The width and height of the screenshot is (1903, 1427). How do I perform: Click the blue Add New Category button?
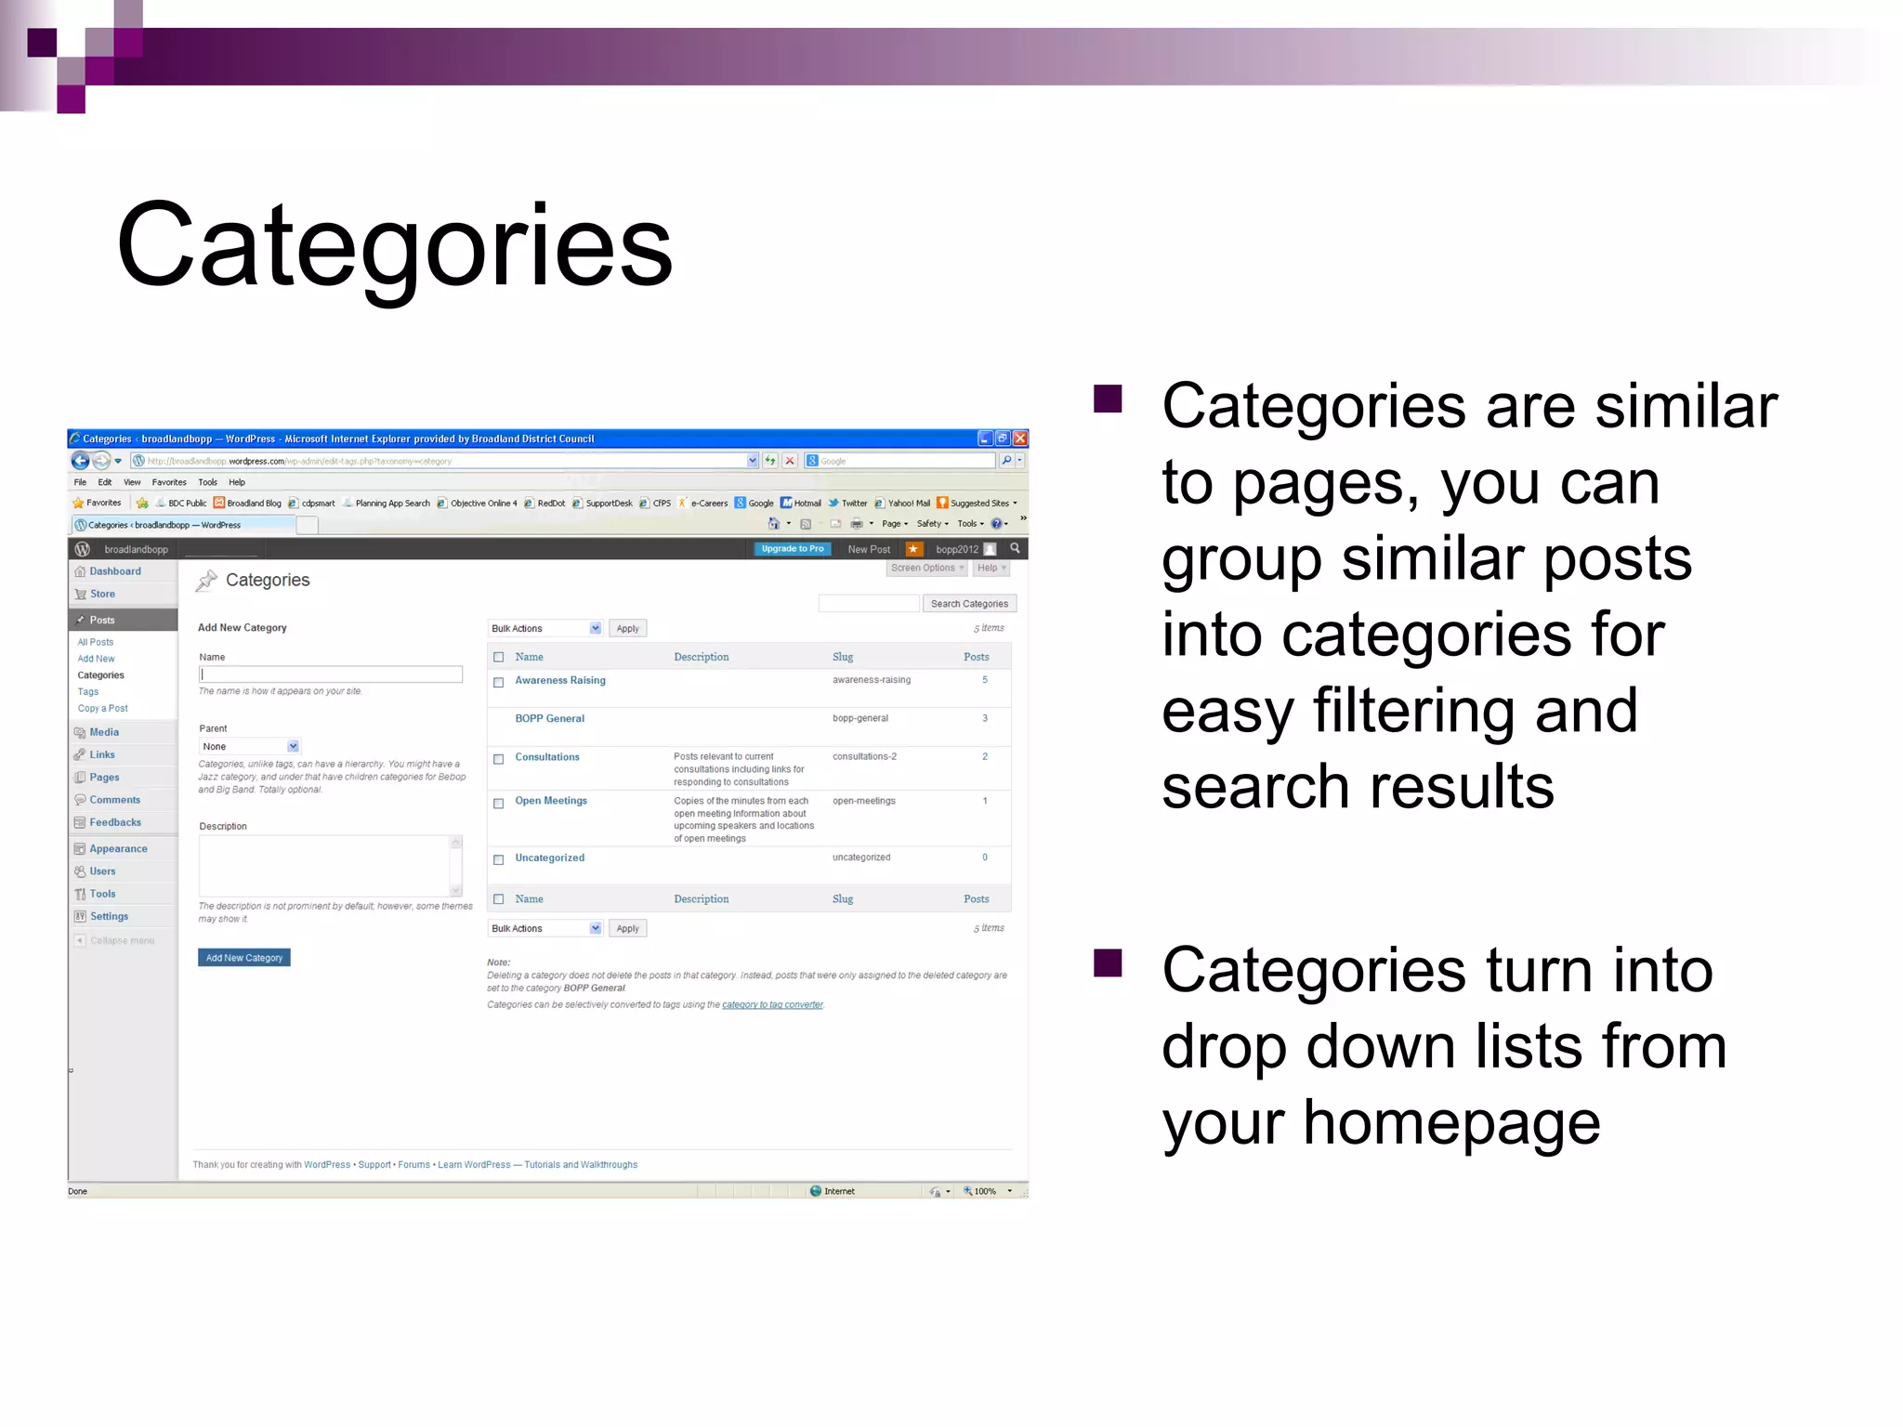pos(243,958)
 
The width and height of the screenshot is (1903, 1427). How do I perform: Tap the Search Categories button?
pos(969,604)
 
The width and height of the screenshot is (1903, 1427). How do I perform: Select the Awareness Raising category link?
pos(560,681)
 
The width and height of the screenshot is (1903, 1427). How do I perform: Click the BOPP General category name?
pos(550,719)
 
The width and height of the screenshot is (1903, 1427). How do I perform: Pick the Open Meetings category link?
pos(551,801)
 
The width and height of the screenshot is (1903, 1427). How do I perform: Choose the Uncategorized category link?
pos(550,858)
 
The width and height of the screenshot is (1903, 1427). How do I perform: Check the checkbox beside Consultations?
pos(499,759)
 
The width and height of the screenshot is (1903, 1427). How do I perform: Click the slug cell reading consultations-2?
pos(864,757)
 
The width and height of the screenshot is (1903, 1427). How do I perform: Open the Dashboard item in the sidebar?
pos(115,572)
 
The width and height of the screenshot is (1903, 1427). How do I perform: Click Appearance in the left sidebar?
pos(118,849)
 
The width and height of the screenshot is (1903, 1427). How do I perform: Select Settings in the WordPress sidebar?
pos(110,917)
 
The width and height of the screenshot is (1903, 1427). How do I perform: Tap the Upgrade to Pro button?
pos(792,549)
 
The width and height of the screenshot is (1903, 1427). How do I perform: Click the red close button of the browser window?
pos(1020,439)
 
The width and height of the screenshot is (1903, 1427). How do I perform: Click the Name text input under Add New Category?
pos(331,674)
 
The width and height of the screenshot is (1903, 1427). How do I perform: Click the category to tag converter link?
pos(772,1005)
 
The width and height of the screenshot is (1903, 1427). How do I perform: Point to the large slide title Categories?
pos(394,245)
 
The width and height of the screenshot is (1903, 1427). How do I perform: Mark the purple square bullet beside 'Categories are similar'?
pos(1108,399)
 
